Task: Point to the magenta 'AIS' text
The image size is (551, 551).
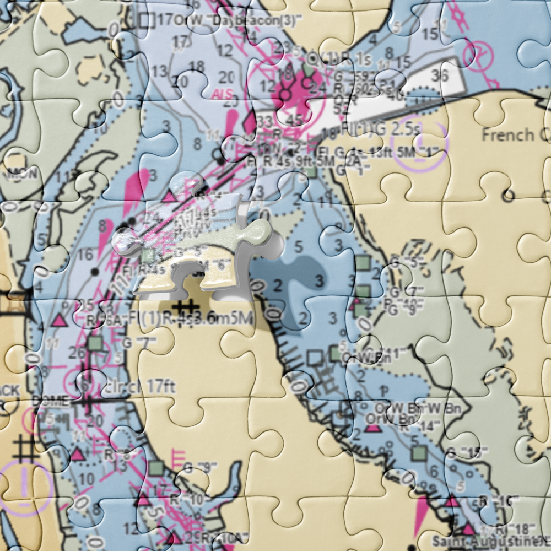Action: tap(222, 94)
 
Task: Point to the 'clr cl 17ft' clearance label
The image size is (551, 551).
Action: tap(139, 386)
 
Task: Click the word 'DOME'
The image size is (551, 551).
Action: tap(51, 402)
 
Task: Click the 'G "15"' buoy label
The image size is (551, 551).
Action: tap(464, 453)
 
